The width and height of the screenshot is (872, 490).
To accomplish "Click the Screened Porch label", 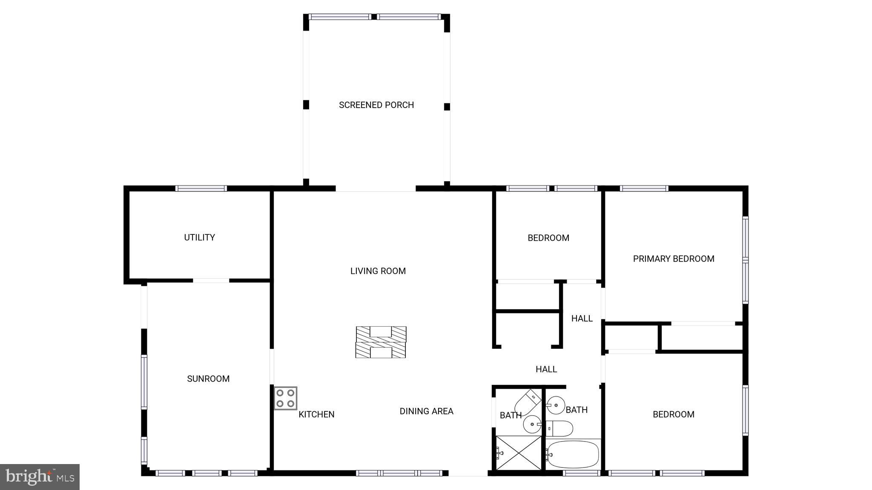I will (376, 105).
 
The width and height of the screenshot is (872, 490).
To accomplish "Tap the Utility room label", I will (199, 237).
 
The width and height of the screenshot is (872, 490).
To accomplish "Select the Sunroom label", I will (208, 379).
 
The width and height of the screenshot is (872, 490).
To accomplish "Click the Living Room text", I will (378, 271).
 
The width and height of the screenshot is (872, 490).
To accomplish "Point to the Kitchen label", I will (316, 414).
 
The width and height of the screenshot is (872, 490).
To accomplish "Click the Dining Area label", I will (426, 411).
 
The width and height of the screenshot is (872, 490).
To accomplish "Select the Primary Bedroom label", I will (673, 259).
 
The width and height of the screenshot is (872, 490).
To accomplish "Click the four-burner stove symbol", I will (285, 398).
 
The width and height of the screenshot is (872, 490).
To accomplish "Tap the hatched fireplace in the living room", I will (381, 342).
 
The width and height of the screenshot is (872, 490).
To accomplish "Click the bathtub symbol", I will (573, 455).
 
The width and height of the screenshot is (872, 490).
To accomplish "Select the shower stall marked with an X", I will (519, 453).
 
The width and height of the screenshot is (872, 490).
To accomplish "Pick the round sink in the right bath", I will (556, 405).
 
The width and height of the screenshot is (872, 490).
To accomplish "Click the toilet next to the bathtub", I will (559, 428).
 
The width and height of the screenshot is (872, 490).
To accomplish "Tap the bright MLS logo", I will (40, 477).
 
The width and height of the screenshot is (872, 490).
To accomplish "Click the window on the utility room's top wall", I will (201, 188).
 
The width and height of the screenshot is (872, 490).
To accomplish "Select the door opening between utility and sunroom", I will (211, 281).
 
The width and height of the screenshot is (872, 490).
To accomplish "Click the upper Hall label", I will (582, 319).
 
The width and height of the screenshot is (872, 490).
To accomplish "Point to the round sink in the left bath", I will (532, 424).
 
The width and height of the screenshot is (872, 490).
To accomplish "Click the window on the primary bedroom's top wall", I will (644, 188).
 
